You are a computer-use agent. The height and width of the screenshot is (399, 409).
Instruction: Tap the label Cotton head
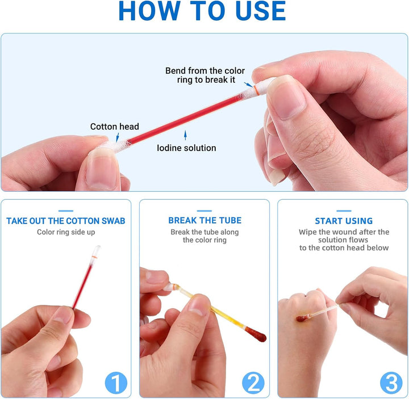coord(114,127)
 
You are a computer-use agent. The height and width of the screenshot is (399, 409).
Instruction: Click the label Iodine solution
coord(186,148)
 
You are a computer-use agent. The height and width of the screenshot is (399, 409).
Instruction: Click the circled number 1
coord(115,383)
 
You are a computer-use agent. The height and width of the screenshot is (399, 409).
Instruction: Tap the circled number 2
coord(253,383)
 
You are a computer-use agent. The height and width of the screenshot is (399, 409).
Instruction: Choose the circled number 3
coord(391,383)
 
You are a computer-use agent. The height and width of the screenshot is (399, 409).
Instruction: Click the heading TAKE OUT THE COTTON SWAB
coord(66,221)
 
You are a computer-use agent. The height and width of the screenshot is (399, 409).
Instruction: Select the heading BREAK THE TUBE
coord(204,220)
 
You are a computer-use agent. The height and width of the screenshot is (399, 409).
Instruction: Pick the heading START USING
coord(344,221)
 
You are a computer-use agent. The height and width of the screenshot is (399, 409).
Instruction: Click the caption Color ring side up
coord(65,232)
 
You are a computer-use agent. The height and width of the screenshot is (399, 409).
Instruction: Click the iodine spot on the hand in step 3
coord(302,318)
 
